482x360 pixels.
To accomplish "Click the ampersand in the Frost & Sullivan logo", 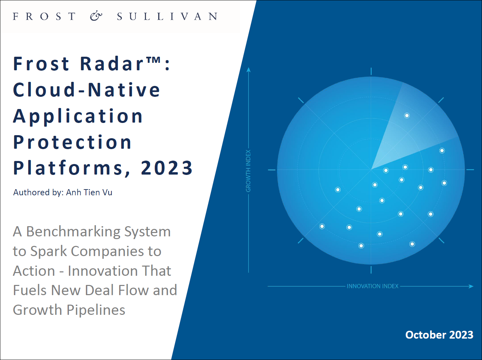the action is [x=96, y=17].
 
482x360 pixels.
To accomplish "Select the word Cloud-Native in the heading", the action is [x=87, y=90].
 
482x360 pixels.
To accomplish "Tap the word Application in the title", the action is [x=78, y=117].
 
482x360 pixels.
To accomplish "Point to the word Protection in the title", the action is [x=72, y=142].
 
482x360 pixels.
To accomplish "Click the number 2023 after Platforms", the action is [x=167, y=168].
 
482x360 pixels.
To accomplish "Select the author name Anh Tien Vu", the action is [x=89, y=193].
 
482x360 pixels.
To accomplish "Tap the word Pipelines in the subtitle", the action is [x=96, y=310].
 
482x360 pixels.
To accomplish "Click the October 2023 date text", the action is [x=439, y=335].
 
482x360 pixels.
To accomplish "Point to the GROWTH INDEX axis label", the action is [x=248, y=171].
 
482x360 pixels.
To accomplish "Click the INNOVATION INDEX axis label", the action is [x=372, y=286].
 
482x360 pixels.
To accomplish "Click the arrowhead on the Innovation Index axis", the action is [x=471, y=286].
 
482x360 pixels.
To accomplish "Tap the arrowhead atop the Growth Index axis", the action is [x=248, y=70].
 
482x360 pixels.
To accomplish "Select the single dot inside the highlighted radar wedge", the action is [x=407, y=115].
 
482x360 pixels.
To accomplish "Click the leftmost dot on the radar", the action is [x=322, y=226].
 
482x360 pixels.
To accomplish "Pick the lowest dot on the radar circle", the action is [x=361, y=246].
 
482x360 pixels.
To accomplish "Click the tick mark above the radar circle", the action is [x=371, y=71].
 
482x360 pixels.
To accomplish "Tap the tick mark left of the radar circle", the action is [x=272, y=170].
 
